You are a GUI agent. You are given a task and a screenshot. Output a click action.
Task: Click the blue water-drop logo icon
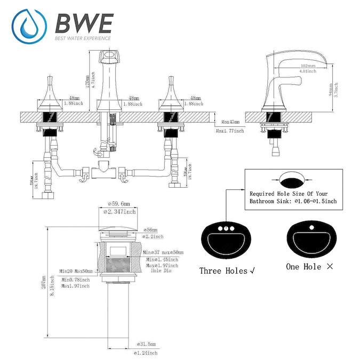pyautogui.click(x=27, y=26)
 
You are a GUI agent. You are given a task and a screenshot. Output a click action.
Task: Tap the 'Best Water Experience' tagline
pyautogui.click(x=83, y=38)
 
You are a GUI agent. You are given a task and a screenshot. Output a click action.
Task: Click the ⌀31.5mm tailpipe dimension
pyautogui.click(x=147, y=343)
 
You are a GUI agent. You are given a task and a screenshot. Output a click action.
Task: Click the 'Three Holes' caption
pyautogui.click(x=223, y=270)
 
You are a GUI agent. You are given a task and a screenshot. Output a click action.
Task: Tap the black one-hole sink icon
pyautogui.click(x=310, y=239)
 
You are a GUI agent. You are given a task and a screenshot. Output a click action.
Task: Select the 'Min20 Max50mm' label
pyautogui.click(x=76, y=271)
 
